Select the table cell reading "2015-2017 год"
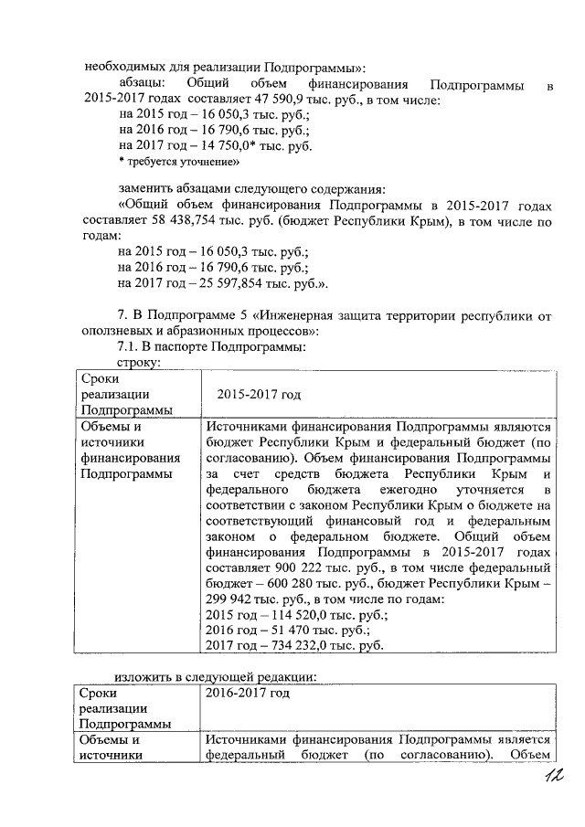pos(260,394)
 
